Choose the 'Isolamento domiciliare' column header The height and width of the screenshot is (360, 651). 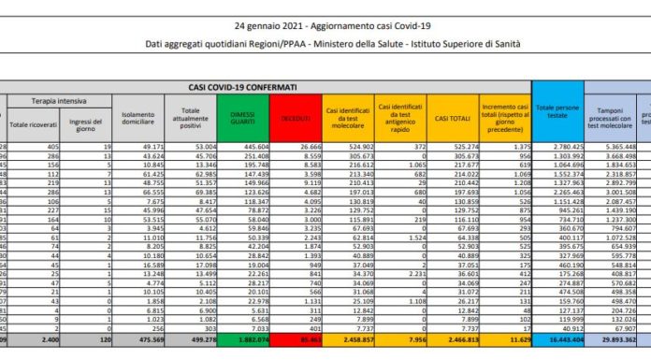[137, 119]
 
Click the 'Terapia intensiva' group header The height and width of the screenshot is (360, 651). [58, 98]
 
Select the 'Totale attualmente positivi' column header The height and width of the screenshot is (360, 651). [189, 119]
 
